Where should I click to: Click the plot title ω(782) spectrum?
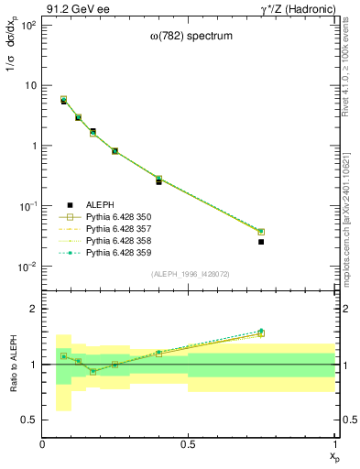(190, 61)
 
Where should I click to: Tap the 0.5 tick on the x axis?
(189, 444)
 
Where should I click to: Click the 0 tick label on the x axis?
(42, 444)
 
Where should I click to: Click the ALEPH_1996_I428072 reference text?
(190, 274)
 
